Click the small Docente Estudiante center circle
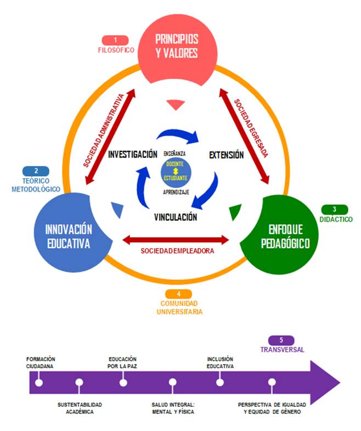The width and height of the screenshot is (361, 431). pyautogui.click(x=176, y=172)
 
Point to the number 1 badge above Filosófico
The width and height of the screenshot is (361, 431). pyautogui.click(x=115, y=40)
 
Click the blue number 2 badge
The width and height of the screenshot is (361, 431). pyautogui.click(x=36, y=171)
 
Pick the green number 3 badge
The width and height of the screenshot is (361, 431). pyautogui.click(x=334, y=209)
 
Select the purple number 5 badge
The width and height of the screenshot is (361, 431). pyautogui.click(x=282, y=340)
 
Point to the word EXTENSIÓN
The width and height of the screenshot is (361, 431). pyautogui.click(x=226, y=155)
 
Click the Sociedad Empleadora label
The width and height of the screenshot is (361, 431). pyautogui.click(x=177, y=251)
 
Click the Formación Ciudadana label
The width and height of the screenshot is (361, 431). pyautogui.click(x=40, y=362)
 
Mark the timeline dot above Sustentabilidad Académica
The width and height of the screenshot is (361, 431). pyautogui.click(x=80, y=382)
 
